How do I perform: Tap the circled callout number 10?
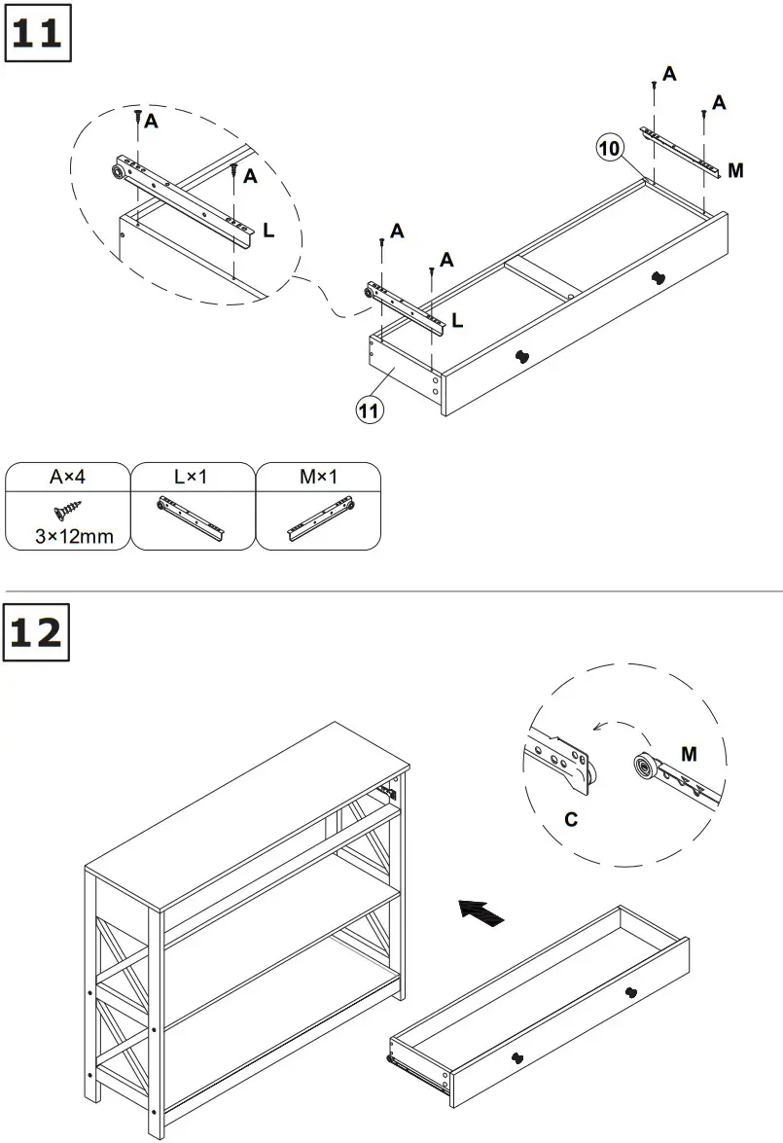click(x=609, y=149)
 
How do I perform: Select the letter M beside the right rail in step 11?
click(x=735, y=171)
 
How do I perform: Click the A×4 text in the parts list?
click(x=68, y=478)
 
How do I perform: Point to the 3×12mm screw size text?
click(x=68, y=535)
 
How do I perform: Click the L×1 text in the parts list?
click(x=193, y=478)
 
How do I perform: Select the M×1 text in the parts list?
click(x=318, y=478)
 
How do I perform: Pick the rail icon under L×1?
click(x=193, y=515)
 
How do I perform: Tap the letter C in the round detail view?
click(x=571, y=819)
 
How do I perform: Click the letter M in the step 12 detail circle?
click(x=689, y=754)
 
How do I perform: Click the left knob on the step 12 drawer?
click(x=518, y=1057)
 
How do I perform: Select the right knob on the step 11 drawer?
click(x=658, y=279)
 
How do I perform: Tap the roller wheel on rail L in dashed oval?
click(x=118, y=173)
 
